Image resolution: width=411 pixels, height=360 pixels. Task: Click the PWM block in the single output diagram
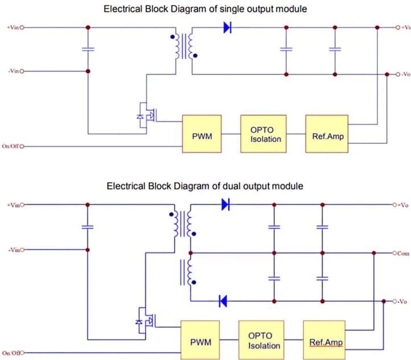202,134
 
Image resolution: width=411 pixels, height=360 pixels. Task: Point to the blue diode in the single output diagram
228,27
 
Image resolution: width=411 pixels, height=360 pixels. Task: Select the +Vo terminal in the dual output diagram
400,205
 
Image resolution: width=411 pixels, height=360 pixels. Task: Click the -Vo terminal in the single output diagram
400,75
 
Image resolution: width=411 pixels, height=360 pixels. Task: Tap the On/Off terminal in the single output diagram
14,146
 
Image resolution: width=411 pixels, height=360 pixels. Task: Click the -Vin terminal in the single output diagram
14,72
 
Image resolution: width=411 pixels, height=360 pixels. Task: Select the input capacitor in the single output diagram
88,49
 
